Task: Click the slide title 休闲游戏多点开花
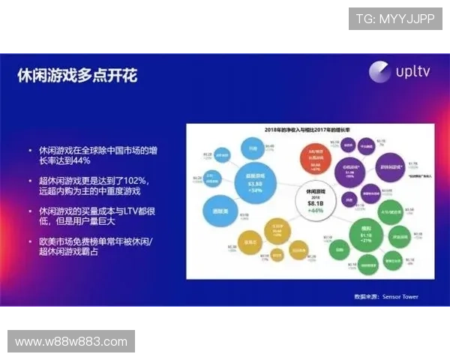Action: (x=77, y=76)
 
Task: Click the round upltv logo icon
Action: (x=380, y=71)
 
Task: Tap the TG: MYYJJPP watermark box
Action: (x=395, y=19)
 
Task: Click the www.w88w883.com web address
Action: (x=71, y=341)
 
